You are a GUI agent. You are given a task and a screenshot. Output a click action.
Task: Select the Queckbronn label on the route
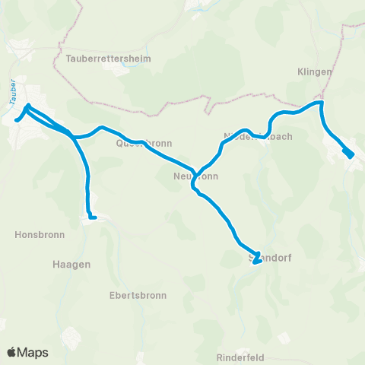[144, 142]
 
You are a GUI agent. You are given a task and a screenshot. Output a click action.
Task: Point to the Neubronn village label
[196, 176]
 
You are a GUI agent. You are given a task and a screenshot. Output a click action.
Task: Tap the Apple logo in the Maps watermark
[12, 352]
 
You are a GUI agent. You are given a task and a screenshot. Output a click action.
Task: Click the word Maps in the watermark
[34, 352]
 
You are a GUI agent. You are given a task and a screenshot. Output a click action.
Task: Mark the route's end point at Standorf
[255, 261]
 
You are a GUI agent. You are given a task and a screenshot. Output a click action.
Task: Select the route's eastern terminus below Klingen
[349, 154]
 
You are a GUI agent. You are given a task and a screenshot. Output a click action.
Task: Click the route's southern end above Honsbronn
[94, 217]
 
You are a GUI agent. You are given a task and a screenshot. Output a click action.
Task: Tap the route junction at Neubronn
[195, 172]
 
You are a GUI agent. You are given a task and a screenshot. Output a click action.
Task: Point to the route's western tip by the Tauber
[16, 120]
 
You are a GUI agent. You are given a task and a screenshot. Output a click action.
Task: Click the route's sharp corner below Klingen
[322, 102]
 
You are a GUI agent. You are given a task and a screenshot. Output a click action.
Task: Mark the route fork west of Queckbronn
[75, 138]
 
